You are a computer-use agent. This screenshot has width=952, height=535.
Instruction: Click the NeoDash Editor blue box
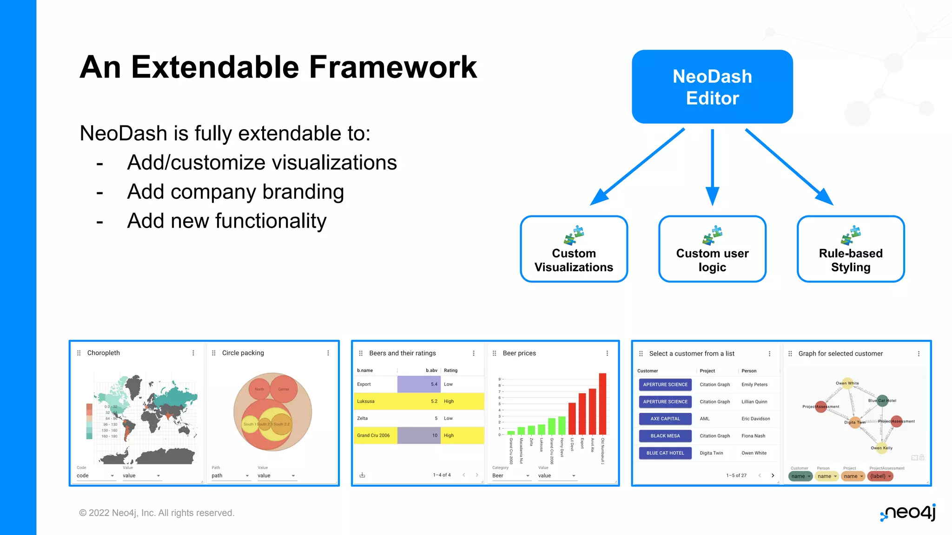[x=712, y=87]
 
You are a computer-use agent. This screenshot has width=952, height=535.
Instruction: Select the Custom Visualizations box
[x=574, y=249]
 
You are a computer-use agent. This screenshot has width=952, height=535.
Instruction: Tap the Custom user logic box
[x=712, y=249]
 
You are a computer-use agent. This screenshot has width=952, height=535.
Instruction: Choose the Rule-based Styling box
[x=850, y=249]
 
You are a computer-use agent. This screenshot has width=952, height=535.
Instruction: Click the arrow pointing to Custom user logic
[x=712, y=167]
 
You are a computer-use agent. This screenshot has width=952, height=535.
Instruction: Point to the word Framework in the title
[x=393, y=67]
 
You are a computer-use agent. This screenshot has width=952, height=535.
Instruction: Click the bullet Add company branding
[x=235, y=192]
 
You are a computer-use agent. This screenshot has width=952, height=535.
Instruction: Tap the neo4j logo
[x=908, y=513]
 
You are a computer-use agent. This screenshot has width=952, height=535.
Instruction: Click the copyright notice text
[x=157, y=513]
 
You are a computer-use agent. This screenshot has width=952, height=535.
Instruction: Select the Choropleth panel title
[x=104, y=353]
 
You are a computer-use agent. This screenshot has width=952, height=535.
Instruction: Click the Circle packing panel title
[x=243, y=353]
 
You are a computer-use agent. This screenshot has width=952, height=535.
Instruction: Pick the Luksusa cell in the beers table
[x=366, y=401]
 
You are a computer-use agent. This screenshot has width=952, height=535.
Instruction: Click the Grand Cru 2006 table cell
[x=373, y=436]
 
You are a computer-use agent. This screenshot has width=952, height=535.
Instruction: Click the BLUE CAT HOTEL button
[x=665, y=453]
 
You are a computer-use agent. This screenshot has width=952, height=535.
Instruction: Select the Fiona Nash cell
[x=753, y=436]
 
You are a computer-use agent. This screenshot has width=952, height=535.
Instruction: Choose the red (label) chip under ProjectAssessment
[x=880, y=476]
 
